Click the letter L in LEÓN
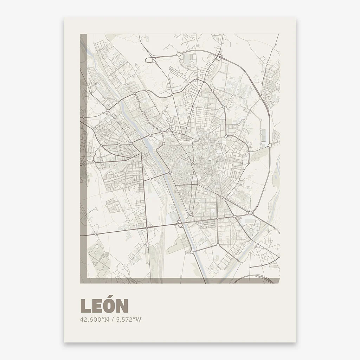(x=85, y=306)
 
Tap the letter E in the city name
(x=97, y=306)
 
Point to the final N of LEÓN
(x=122, y=306)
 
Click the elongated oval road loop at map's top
(x=150, y=59)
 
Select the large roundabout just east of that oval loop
(x=179, y=54)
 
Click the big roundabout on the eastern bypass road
(x=270, y=145)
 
